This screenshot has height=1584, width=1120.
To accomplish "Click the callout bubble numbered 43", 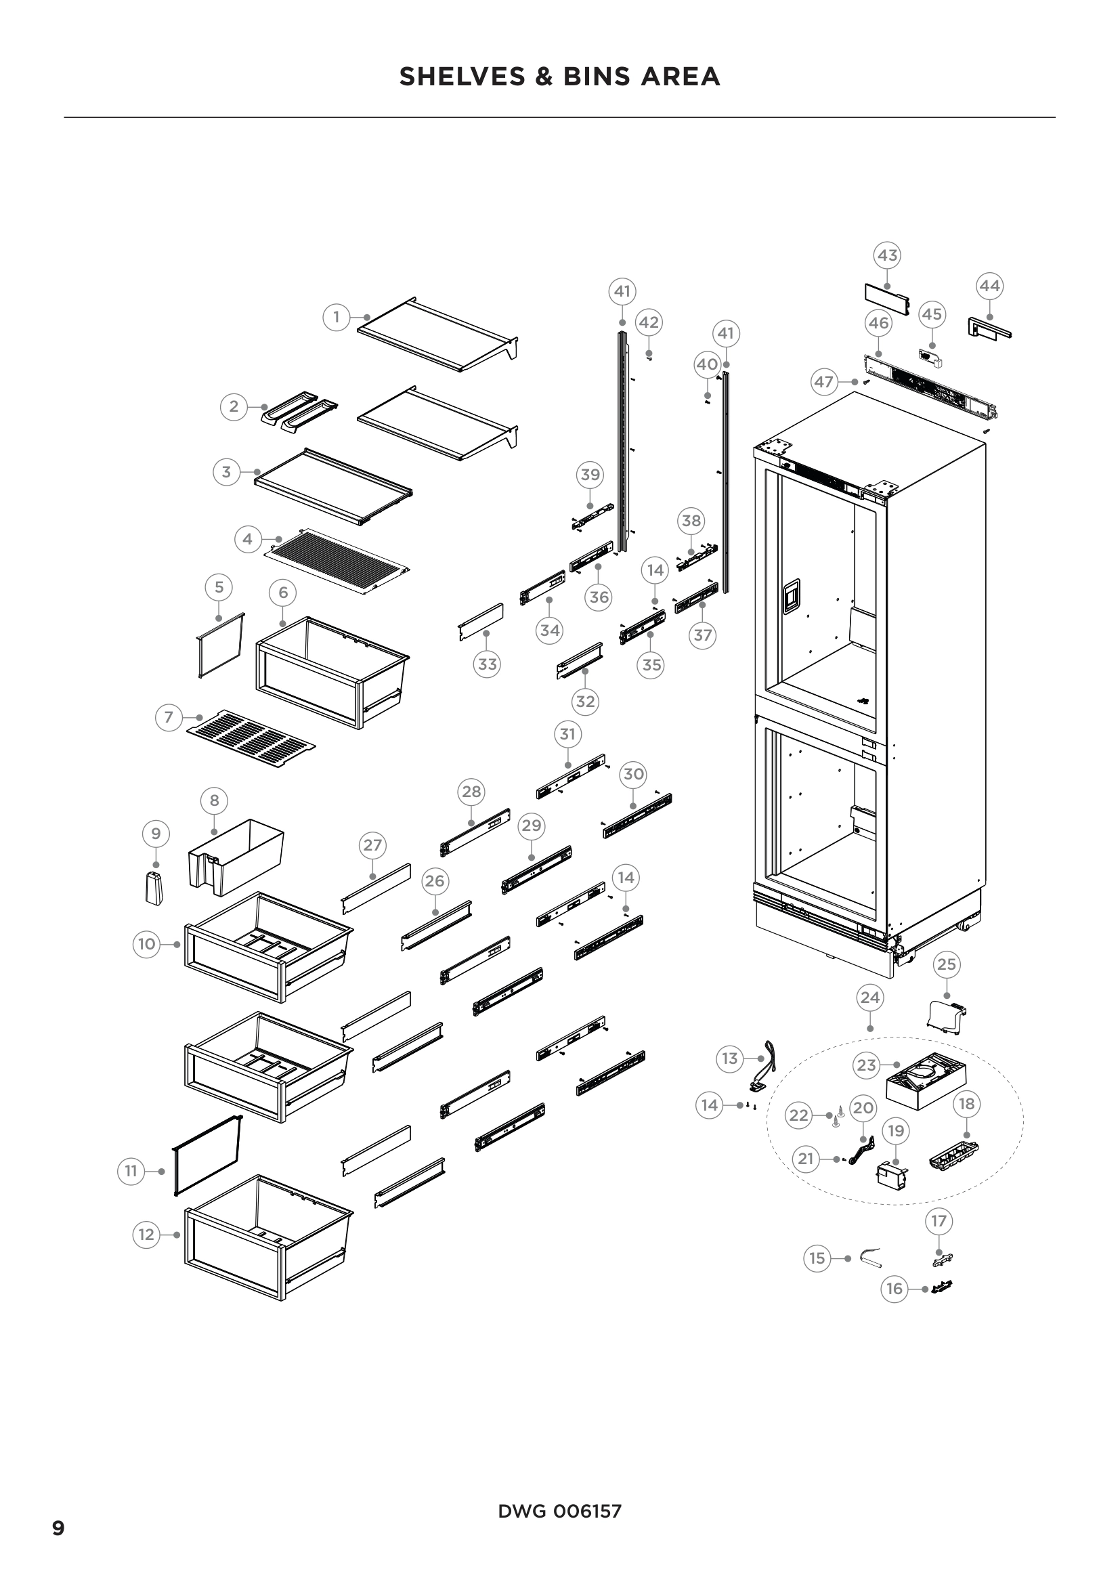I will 887,255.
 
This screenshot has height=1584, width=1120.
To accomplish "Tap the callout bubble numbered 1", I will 337,318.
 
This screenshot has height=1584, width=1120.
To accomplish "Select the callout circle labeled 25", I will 946,964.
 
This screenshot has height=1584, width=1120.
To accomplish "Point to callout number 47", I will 824,381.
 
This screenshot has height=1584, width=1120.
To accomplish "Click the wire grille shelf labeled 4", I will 338,560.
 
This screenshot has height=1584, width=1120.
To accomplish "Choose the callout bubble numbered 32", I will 585,702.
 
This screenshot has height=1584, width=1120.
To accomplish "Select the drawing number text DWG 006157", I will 559,1512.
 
